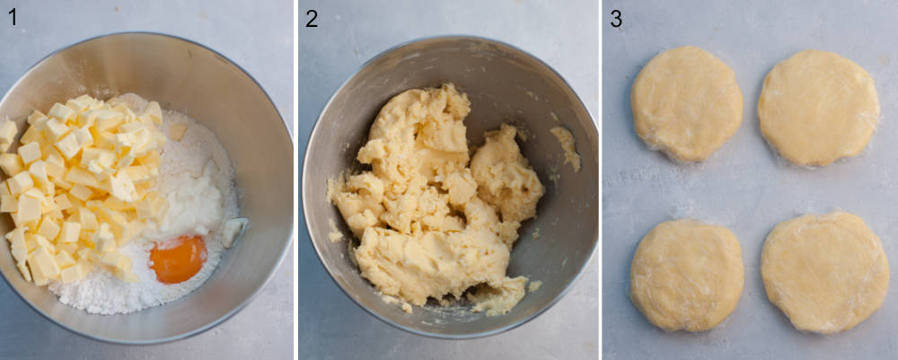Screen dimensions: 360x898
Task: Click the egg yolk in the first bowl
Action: point(178,259)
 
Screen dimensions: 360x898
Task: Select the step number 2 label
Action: point(312,18)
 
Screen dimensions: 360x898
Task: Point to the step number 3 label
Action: point(616,18)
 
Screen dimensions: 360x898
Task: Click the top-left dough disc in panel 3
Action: point(686,103)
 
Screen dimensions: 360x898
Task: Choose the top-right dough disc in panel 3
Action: point(817,108)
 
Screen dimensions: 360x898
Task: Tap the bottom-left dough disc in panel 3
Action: point(687,275)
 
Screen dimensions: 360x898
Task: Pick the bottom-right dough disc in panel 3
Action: point(824,271)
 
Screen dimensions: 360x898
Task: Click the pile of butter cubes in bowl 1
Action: point(81,189)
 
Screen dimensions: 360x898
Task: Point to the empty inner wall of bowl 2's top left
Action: point(359,99)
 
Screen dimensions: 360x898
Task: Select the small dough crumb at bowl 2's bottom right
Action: point(535,286)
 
